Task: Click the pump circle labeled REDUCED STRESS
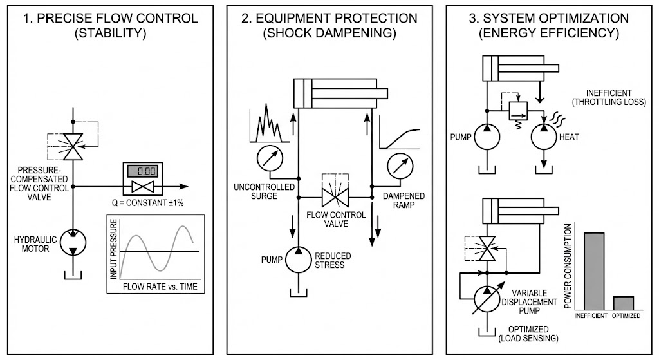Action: click(297, 258)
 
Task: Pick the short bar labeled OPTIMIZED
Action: click(624, 303)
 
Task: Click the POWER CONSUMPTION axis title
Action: click(568, 265)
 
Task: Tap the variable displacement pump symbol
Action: click(487, 297)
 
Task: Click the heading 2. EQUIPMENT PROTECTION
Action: click(329, 17)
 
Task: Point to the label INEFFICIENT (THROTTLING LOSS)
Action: click(608, 96)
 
